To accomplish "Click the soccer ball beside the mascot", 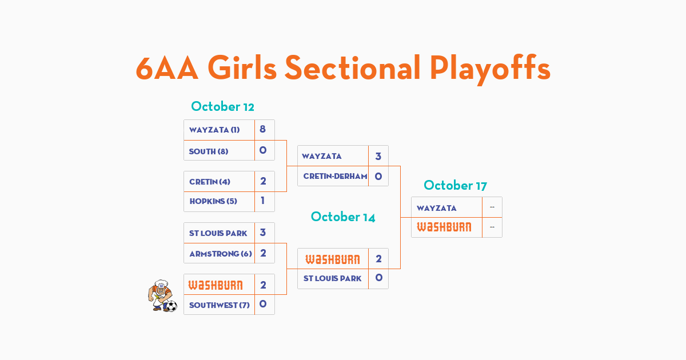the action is point(171,306).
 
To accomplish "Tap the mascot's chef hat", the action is point(161,283).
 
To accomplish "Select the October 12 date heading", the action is point(222,106).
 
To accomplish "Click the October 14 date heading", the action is point(342,217).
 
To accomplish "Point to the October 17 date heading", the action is point(455,185).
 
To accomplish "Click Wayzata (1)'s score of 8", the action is point(262,129).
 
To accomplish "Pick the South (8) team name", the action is point(209,151).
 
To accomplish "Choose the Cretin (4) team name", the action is point(210,182).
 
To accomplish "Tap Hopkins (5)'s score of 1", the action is point(262,201).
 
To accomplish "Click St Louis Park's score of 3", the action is point(263,233).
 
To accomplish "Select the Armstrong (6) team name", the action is point(221,254).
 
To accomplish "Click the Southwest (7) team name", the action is point(220,305).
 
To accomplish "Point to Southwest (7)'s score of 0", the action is point(263,304).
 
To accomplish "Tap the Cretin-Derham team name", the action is point(335,176).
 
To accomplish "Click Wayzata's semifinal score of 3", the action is point(378,157).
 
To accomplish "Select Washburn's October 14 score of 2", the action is point(378,259).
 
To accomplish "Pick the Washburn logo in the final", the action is point(444,227).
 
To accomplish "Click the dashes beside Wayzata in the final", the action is point(492,207).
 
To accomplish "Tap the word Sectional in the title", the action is point(352,67).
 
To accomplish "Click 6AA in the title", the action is point(167,68).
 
